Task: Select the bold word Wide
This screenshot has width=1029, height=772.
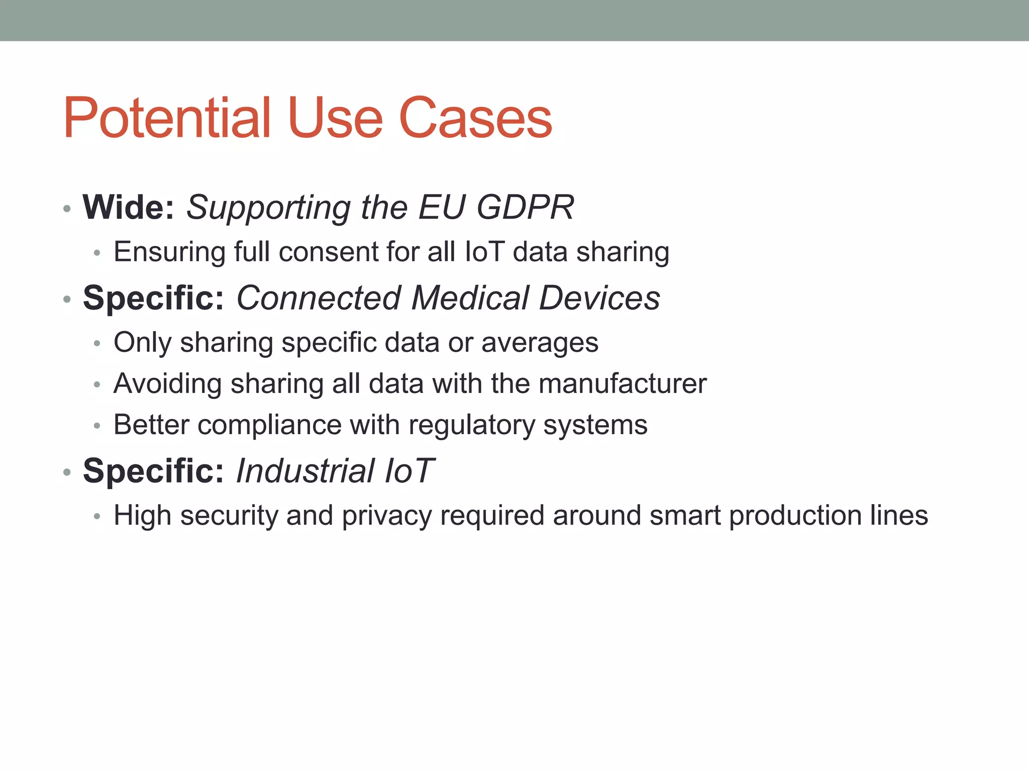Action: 128,207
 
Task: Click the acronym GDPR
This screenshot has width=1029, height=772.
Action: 525,207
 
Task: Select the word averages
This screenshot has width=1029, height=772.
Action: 540,343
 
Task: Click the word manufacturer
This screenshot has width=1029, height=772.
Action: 623,383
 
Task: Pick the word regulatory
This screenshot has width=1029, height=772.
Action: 472,425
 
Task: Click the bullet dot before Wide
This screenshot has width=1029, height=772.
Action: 67,209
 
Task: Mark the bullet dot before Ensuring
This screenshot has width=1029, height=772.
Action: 97,253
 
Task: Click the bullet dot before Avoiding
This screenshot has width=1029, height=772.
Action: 97,385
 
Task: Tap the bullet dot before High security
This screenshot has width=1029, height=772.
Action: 97,517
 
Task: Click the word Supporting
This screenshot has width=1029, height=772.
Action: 268,208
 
